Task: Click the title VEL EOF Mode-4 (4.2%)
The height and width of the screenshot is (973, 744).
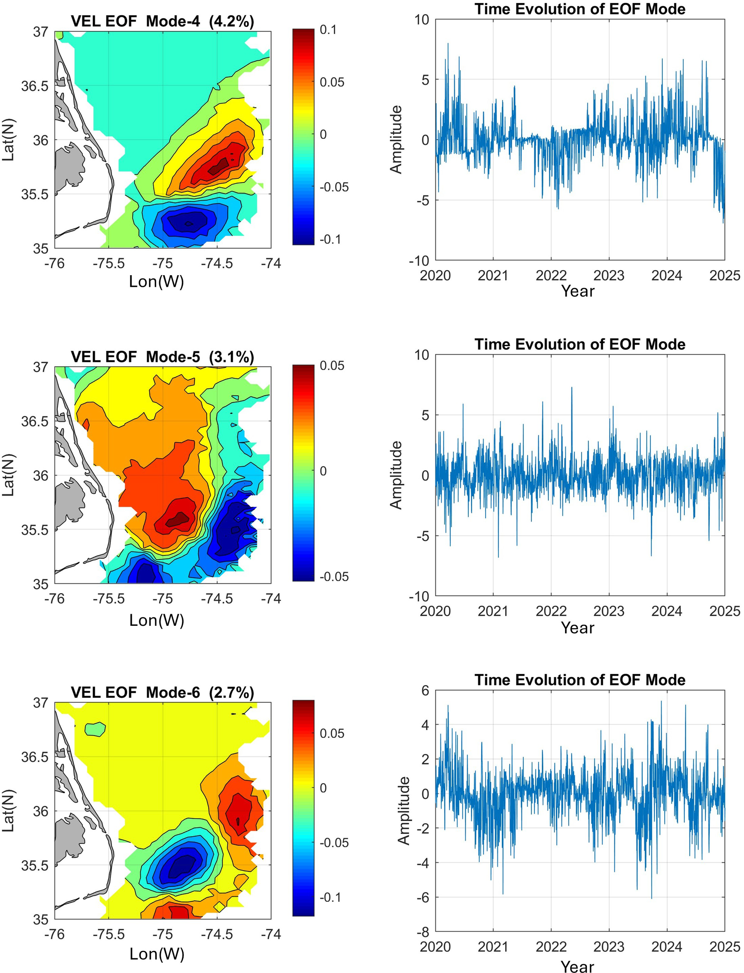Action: point(163,21)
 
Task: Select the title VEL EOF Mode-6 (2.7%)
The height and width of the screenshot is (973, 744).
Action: point(163,692)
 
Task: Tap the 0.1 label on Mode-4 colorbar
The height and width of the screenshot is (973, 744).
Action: point(328,30)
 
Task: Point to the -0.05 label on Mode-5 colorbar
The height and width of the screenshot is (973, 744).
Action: point(334,576)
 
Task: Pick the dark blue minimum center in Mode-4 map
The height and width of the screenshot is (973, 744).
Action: point(188,223)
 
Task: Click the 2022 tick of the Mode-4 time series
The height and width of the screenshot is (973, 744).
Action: point(551,275)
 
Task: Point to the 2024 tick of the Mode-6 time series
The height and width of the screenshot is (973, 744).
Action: point(667,947)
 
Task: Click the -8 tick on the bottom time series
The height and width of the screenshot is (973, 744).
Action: point(424,932)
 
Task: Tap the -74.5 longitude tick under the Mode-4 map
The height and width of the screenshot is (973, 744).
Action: point(217,263)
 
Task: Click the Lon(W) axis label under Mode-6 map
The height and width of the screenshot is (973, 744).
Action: point(157,953)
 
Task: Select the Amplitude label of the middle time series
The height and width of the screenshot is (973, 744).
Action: point(396,474)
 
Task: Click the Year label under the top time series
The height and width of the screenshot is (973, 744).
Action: point(578,291)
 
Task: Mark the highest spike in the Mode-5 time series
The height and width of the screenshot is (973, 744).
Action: point(571,388)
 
